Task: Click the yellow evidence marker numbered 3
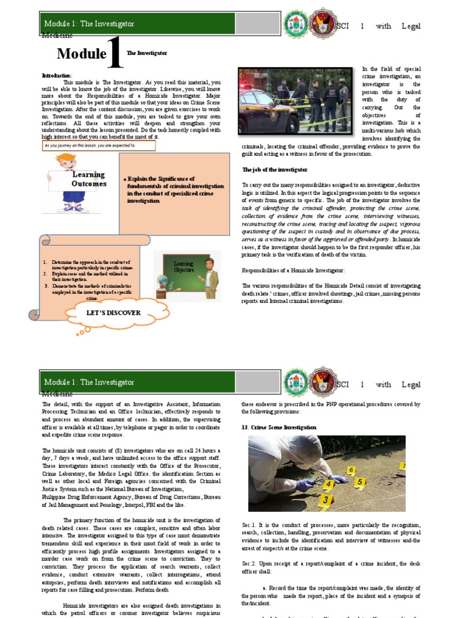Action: point(326,499)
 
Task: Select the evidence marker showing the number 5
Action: point(359,482)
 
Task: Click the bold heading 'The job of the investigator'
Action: point(274,170)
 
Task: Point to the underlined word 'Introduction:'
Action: point(57,75)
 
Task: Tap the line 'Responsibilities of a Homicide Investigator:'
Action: point(293,270)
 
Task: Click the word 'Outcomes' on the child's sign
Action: point(89,183)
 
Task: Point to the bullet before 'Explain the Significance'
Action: point(124,180)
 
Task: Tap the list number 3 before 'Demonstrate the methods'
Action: point(47,285)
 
